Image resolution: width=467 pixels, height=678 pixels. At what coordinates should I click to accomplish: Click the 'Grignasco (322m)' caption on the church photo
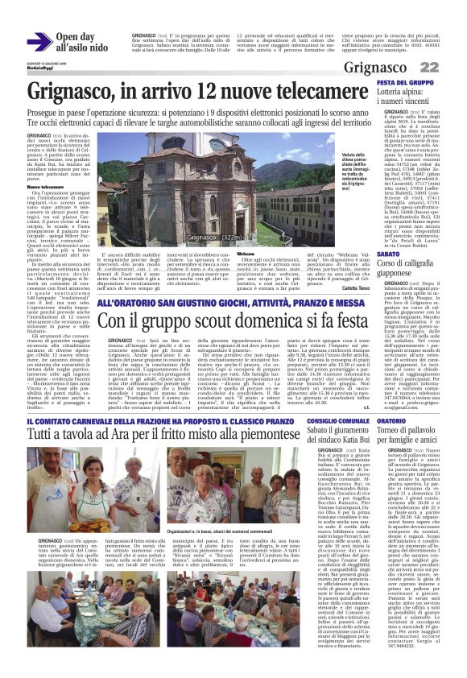tap(213, 238)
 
